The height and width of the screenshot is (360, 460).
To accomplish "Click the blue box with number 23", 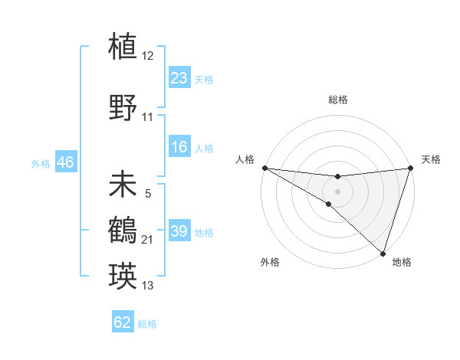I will (x=179, y=78).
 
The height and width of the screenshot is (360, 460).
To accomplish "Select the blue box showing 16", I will (x=179, y=148).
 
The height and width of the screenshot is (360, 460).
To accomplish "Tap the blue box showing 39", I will (x=179, y=232).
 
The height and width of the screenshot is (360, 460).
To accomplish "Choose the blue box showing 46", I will (x=65, y=163).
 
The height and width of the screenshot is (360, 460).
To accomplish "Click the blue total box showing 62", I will (x=123, y=322).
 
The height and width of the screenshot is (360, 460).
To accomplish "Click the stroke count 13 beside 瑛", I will (x=148, y=286).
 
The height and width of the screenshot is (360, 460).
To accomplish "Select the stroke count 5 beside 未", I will (x=148, y=195).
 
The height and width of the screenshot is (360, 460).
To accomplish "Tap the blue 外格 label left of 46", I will (x=41, y=164).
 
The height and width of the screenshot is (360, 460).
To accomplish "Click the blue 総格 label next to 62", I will (x=147, y=324).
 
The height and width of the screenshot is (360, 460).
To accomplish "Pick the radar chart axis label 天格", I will (x=431, y=159).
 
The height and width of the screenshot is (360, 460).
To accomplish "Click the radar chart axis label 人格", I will (x=245, y=159).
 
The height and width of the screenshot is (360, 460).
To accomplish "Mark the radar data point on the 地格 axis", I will (x=383, y=253).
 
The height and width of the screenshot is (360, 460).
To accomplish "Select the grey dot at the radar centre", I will (x=337, y=191).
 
